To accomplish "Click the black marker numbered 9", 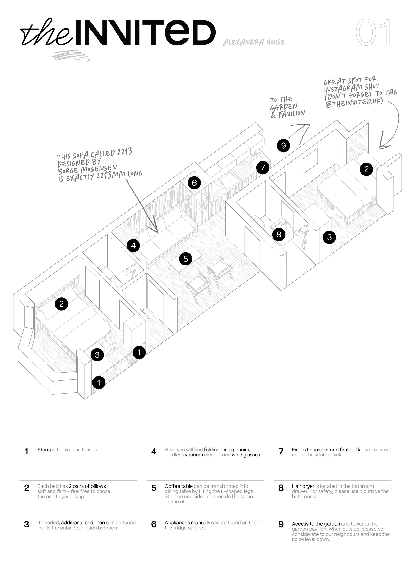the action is pyautogui.click(x=283, y=146).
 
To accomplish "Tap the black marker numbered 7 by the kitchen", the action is pyautogui.click(x=263, y=168).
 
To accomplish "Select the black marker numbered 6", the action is pyautogui.click(x=194, y=183).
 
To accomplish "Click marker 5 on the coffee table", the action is pyautogui.click(x=186, y=259).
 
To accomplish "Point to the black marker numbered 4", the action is pyautogui.click(x=133, y=246).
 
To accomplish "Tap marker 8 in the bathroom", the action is pyautogui.click(x=279, y=234).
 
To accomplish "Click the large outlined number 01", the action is pyautogui.click(x=373, y=33).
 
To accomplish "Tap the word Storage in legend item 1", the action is pyautogui.click(x=46, y=450).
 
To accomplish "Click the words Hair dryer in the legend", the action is pyautogui.click(x=303, y=486).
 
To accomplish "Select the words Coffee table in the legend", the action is pyautogui.click(x=179, y=486).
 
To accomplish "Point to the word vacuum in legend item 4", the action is pyautogui.click(x=194, y=455).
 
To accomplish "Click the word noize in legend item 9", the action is pyautogui.click(x=297, y=539).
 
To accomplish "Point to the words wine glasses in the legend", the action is pyautogui.click(x=246, y=455).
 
